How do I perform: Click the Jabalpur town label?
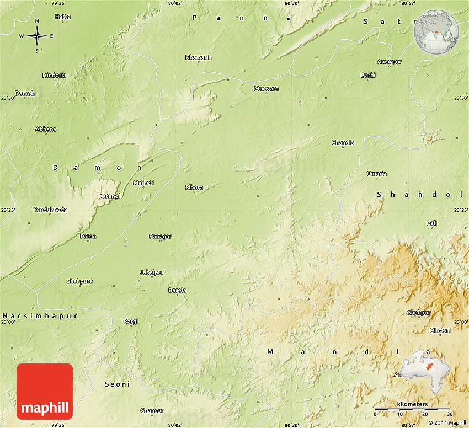[151, 272]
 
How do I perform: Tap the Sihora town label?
[194, 188]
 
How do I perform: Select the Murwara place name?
[266, 88]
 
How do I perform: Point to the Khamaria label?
[198, 57]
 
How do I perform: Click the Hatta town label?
[62, 17]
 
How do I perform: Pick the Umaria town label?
[376, 174]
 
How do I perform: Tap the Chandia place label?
[343, 142]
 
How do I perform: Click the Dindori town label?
[440, 330]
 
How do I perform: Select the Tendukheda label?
[50, 210]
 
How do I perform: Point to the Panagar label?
[160, 237]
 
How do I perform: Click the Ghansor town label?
[152, 410]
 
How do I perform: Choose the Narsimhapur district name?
[39, 316]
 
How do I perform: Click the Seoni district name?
[118, 384]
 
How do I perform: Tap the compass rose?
[37, 36]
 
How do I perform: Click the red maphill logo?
[45, 392]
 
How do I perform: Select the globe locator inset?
[436, 33]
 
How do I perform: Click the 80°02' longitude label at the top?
[175, 3]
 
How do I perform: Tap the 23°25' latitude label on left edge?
[8, 210]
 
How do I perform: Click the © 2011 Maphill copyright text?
[447, 423]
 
